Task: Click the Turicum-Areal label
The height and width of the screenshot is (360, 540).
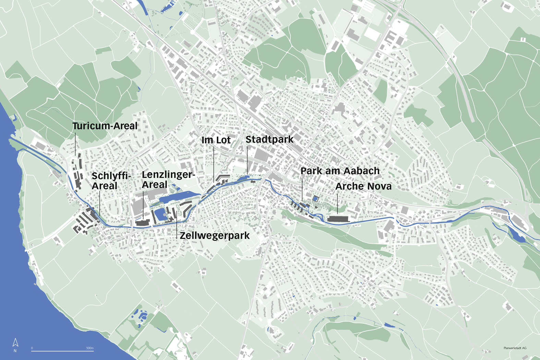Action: (105, 126)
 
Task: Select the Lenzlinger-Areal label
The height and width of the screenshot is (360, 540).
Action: (168, 179)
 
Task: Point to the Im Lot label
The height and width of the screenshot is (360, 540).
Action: (216, 140)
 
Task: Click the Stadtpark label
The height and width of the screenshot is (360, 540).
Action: (269, 139)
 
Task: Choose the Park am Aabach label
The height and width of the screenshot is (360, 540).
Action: (340, 171)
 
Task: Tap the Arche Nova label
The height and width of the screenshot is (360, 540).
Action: (363, 186)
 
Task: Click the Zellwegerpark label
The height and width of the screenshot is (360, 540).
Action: (215, 236)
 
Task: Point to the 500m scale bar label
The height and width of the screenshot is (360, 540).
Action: (90, 348)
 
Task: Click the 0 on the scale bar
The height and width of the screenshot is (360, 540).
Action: (32, 348)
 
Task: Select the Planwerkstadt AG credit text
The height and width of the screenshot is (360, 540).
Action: (515, 348)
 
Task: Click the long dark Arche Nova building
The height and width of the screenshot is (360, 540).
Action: (338, 219)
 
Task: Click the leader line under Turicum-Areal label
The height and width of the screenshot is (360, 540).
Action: (75, 144)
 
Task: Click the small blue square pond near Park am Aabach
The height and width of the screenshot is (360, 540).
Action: (315, 198)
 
